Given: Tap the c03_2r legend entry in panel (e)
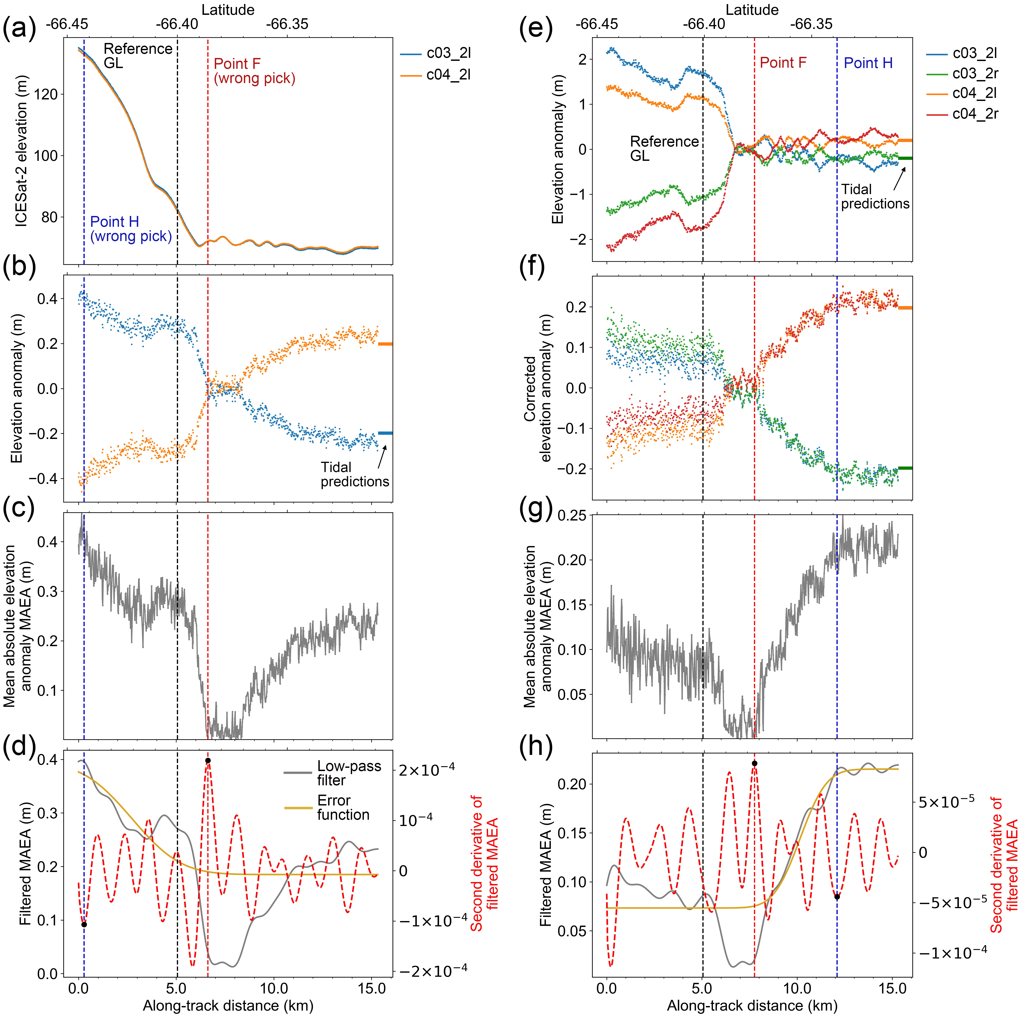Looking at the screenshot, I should [975, 73].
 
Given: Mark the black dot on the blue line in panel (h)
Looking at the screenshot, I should [837, 897].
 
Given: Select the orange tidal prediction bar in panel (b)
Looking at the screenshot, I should [385, 344].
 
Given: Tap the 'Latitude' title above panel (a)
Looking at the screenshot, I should [228, 10].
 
